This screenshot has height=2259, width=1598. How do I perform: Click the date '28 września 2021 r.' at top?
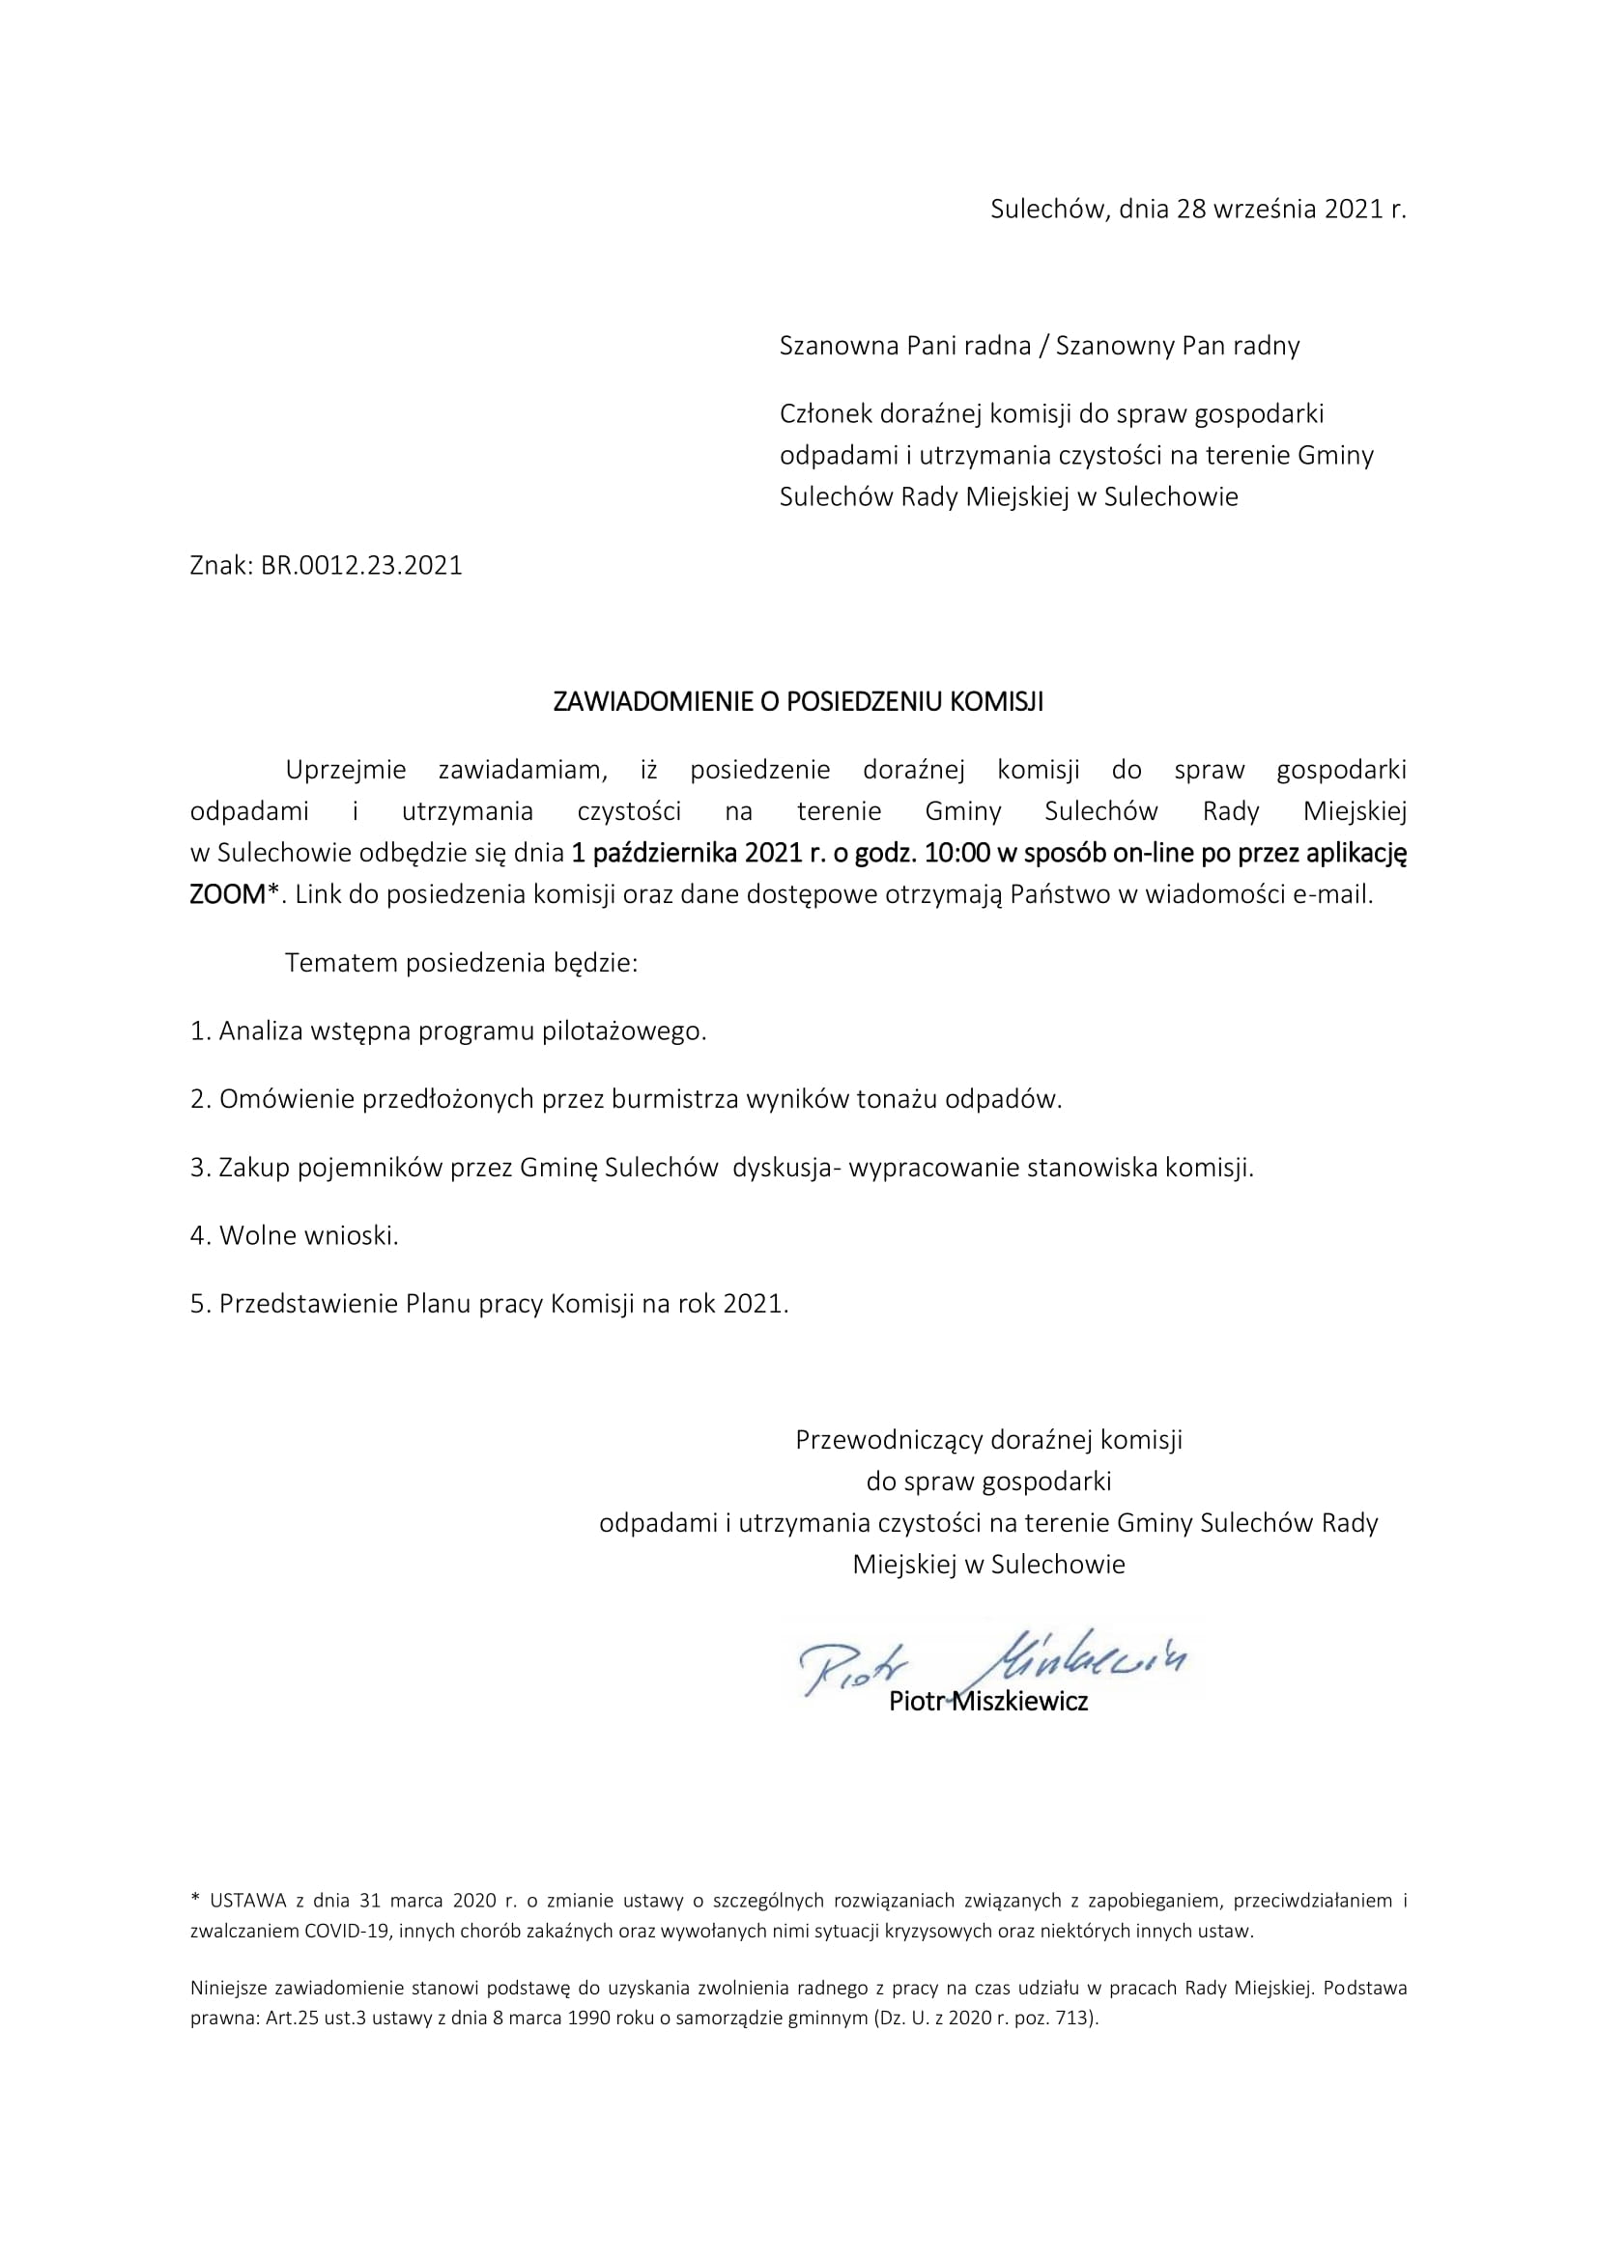click(1291, 210)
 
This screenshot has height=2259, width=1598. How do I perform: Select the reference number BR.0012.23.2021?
click(361, 566)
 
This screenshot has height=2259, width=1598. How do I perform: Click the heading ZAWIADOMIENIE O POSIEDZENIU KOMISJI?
click(798, 701)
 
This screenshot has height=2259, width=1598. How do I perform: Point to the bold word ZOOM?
click(227, 894)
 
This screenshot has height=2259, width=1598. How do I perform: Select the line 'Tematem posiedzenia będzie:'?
click(462, 962)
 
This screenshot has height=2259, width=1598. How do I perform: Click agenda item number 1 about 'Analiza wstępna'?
click(447, 1031)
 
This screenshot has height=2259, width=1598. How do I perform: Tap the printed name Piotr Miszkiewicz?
click(988, 1701)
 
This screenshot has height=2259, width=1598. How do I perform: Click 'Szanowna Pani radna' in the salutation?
click(904, 346)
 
